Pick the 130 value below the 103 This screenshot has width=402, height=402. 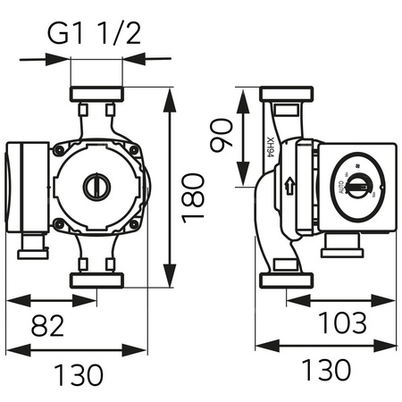[x=319, y=371]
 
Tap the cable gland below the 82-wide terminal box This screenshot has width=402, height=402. [x=31, y=243]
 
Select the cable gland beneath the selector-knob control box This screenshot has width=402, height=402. [x=344, y=244]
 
